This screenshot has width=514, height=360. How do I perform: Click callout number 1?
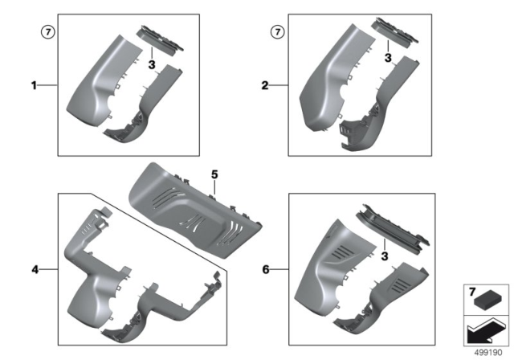point(34,84)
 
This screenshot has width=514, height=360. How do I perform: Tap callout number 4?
point(34,269)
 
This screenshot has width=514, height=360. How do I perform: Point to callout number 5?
point(214,174)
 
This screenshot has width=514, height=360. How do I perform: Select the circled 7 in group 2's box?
point(278,32)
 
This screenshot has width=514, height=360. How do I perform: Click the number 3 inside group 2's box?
point(387,58)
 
